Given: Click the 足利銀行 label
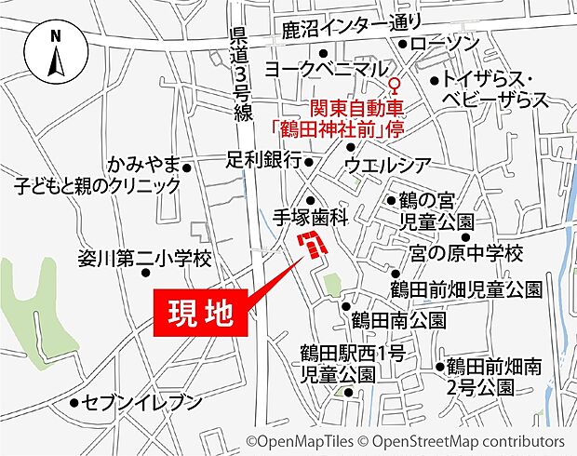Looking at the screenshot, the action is click(x=263, y=161).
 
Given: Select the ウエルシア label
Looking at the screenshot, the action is click(x=387, y=166).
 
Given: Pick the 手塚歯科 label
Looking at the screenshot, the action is click(x=310, y=217).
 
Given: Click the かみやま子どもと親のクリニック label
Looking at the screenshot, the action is click(x=97, y=176).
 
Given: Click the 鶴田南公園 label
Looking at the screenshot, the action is click(x=398, y=321).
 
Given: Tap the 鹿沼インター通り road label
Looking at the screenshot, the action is click(x=351, y=25).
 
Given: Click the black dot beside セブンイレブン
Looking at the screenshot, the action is click(x=74, y=404).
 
